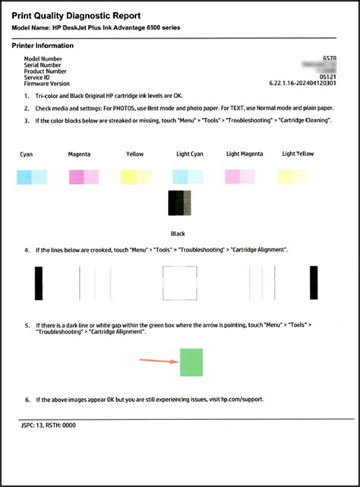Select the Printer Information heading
click(x=43, y=46)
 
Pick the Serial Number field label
click(x=45, y=64)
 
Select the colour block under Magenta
click(x=84, y=177)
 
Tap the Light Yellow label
click(x=298, y=153)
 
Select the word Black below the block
click(x=179, y=234)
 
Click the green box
click(x=191, y=361)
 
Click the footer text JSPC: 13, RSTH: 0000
click(x=46, y=424)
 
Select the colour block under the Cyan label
click(x=31, y=177)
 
